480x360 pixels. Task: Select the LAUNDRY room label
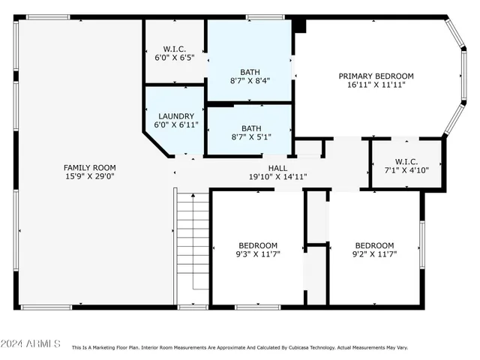click(175, 116)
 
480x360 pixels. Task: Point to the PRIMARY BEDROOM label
click(376, 76)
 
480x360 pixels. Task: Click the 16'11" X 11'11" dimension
click(376, 85)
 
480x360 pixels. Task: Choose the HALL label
click(277, 167)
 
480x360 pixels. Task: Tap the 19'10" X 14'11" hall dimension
click(277, 177)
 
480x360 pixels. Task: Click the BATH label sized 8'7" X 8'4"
click(250, 71)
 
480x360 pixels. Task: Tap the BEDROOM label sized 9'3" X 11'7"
click(258, 245)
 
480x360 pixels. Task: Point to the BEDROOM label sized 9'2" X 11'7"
click(373, 245)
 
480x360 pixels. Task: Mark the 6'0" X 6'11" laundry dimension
click(175, 125)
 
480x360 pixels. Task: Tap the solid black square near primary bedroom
click(300, 25)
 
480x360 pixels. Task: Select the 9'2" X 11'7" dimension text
click(373, 255)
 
